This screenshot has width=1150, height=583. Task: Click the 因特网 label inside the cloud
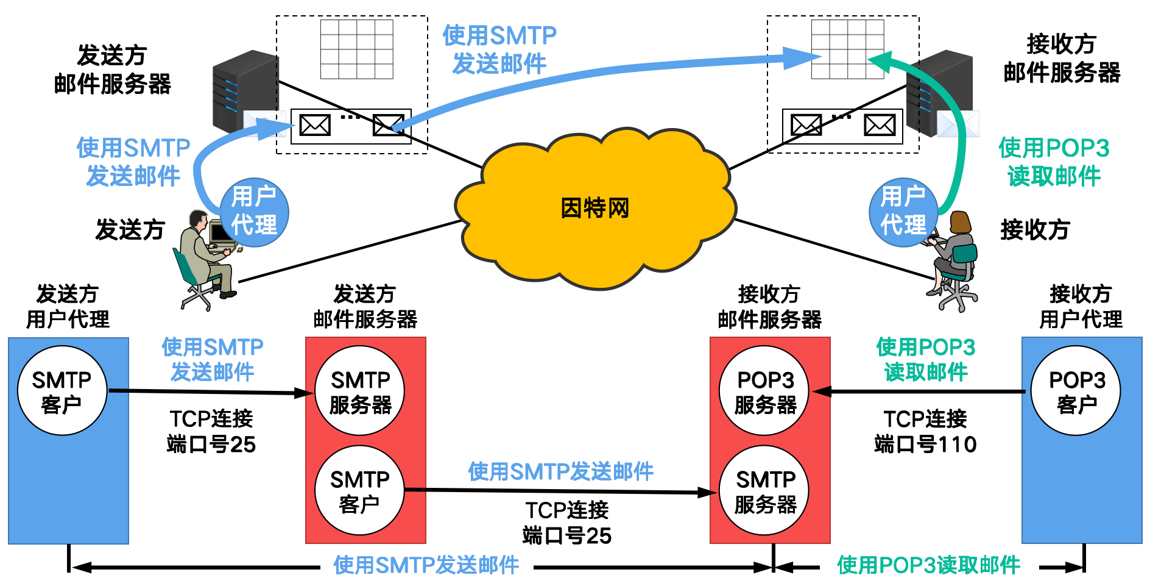[x=594, y=209]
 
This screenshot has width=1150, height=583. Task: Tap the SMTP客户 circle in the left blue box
[x=62, y=391]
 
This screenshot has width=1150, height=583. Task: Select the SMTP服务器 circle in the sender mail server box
[x=360, y=391]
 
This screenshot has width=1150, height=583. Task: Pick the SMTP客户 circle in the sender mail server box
[x=359, y=491]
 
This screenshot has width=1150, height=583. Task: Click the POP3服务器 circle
[x=765, y=391]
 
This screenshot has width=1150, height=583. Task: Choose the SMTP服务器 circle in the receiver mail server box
[x=765, y=491]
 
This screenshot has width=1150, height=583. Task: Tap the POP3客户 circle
[x=1076, y=391]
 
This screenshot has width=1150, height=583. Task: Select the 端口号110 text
[x=925, y=445]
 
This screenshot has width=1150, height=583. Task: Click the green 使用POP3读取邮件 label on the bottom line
[x=928, y=565]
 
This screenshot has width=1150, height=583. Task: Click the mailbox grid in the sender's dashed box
[x=357, y=49]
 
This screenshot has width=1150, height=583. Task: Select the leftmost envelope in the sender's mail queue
[x=315, y=126]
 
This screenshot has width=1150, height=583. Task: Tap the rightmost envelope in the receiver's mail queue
[x=880, y=126]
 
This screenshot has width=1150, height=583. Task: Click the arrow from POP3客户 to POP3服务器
[x=920, y=392]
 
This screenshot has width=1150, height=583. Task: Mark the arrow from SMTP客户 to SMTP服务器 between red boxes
[x=560, y=491]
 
